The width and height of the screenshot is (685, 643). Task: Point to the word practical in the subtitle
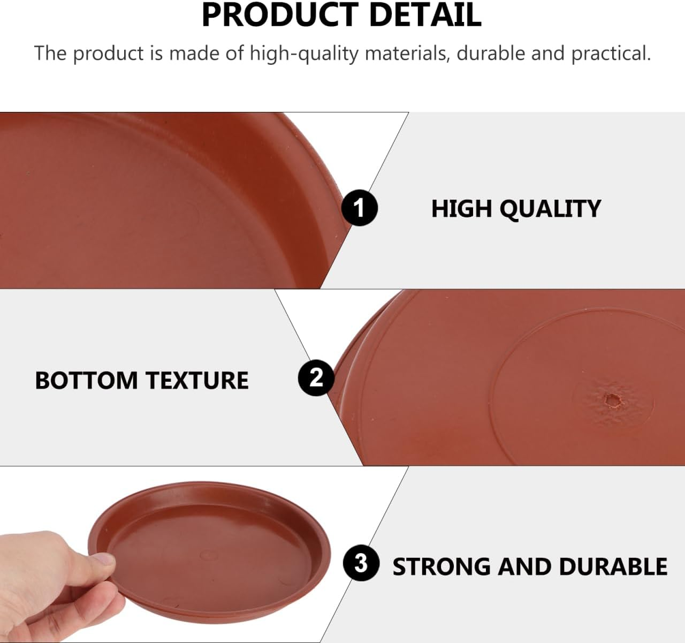click(x=611, y=54)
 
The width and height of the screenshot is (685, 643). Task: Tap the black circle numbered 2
click(x=316, y=378)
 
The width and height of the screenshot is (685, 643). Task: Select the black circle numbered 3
click(x=361, y=563)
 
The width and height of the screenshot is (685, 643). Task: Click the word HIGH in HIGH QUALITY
click(x=461, y=208)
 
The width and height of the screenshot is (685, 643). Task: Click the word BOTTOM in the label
click(x=86, y=380)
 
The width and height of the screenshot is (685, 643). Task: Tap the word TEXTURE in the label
click(x=197, y=380)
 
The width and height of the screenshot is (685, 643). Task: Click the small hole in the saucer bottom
click(x=610, y=399)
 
